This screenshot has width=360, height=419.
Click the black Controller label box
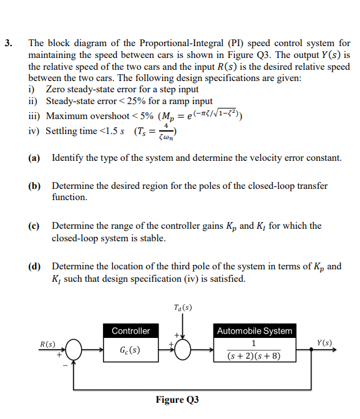(130, 330)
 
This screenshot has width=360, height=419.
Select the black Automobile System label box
(254, 330)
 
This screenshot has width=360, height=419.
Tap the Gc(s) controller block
(130, 350)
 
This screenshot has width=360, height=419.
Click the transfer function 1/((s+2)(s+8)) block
(254, 350)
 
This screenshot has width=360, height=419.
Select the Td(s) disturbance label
(183, 307)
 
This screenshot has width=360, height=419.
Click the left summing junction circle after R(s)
(75, 350)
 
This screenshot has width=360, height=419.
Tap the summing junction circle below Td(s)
(183, 350)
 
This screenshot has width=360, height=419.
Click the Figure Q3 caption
(177, 400)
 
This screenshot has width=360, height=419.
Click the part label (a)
(35, 158)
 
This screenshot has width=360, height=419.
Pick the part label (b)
(35, 186)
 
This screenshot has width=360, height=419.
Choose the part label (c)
(35, 226)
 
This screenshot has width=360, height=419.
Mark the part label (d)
(35, 266)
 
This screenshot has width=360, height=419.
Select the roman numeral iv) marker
(35, 131)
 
